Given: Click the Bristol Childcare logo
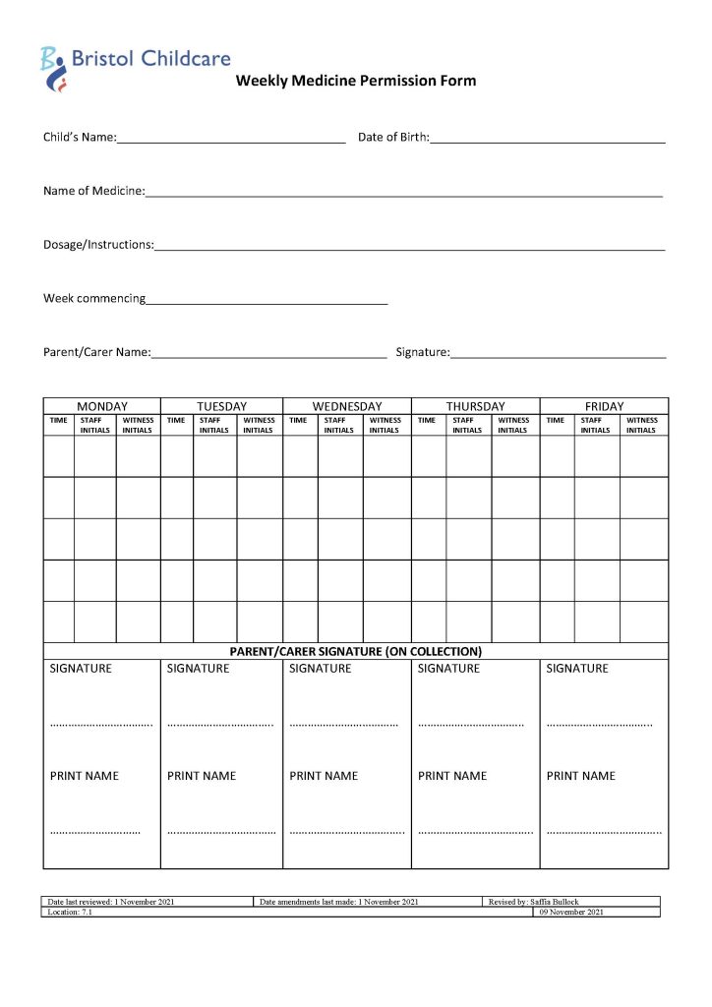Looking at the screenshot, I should click(x=135, y=60).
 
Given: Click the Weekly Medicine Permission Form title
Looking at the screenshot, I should click(x=356, y=81).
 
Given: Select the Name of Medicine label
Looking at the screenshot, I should click(x=93, y=191).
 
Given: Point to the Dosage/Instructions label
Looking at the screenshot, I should click(x=98, y=245).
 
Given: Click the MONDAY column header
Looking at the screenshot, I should click(x=102, y=406).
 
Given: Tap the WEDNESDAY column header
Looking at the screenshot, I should click(x=347, y=406).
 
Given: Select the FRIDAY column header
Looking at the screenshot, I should click(x=604, y=406).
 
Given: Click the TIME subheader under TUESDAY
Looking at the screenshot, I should click(x=176, y=421).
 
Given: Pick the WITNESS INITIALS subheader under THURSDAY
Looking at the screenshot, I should click(x=513, y=425).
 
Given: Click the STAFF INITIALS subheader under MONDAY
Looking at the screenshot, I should click(x=94, y=425).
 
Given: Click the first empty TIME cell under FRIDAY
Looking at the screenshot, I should click(x=557, y=455).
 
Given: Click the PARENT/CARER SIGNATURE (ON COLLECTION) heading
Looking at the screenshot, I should click(x=355, y=651).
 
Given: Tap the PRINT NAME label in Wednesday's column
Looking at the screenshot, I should click(x=322, y=776).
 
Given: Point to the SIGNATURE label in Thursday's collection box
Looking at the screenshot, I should click(x=448, y=669).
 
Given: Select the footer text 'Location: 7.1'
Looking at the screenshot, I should click(x=70, y=913).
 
